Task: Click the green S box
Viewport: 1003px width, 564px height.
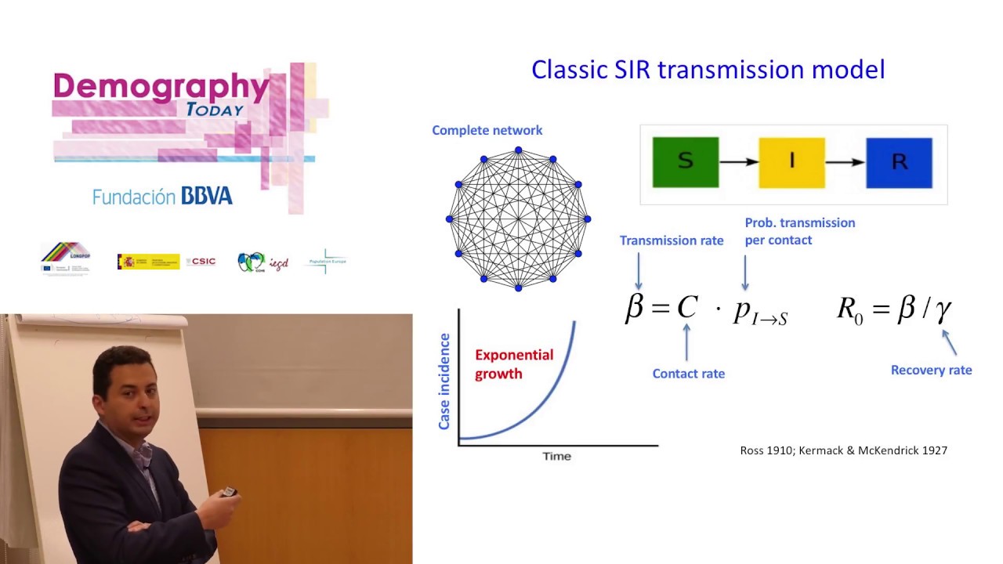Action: click(x=685, y=162)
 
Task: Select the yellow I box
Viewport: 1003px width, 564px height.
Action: click(x=791, y=162)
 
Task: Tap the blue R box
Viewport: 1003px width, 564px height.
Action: click(x=899, y=162)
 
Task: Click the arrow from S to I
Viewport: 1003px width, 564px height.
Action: click(x=738, y=162)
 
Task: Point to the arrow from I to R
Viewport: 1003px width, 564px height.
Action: click(x=845, y=162)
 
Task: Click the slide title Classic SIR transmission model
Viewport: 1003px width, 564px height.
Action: click(x=708, y=70)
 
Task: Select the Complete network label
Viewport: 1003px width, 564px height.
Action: click(x=487, y=130)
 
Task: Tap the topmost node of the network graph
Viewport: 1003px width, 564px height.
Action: click(x=518, y=150)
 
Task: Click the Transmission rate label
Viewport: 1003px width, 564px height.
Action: click(x=672, y=240)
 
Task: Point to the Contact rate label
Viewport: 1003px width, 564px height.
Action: click(x=688, y=374)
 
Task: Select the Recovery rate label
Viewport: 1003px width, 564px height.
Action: click(x=931, y=370)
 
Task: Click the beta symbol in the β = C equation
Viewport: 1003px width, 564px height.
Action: click(x=634, y=308)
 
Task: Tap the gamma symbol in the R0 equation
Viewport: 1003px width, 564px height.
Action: click(x=943, y=309)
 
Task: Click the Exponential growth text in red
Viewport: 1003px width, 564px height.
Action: click(x=513, y=364)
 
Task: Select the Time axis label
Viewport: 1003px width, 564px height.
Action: click(x=556, y=456)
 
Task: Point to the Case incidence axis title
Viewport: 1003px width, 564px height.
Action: click(x=444, y=381)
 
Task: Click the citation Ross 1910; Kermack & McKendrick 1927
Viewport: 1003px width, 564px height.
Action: click(x=843, y=450)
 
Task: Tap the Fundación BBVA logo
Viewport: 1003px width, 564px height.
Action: click(x=162, y=196)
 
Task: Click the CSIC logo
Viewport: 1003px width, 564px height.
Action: click(x=201, y=262)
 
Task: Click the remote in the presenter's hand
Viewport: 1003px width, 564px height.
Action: click(x=229, y=492)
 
